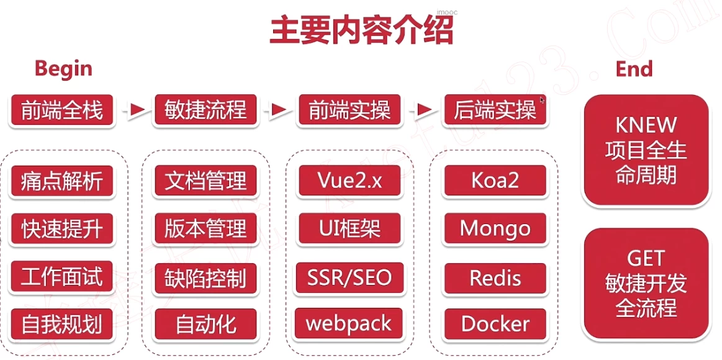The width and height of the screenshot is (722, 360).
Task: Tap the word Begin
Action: point(63,68)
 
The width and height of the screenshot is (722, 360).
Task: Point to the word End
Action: point(634,68)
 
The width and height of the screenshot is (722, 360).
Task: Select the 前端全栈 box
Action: point(61,110)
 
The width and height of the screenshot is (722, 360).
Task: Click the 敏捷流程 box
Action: point(205,110)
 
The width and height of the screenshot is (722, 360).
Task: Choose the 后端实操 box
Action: point(495,110)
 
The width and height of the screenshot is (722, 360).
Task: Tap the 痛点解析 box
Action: point(61,181)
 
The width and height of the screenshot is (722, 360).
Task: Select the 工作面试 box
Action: point(61,277)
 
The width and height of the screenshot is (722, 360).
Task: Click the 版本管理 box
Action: point(205,229)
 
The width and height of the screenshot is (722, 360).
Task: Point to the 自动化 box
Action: point(205,324)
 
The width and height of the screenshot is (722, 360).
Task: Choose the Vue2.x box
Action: point(350,181)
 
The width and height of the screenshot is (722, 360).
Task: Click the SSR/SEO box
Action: point(350,277)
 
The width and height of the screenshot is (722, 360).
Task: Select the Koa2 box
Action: point(495,181)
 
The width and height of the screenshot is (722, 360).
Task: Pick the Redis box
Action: point(495,277)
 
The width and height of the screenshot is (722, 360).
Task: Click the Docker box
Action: point(495,324)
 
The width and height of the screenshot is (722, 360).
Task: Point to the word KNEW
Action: point(646,125)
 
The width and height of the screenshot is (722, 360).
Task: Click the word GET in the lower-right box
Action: point(646,258)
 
